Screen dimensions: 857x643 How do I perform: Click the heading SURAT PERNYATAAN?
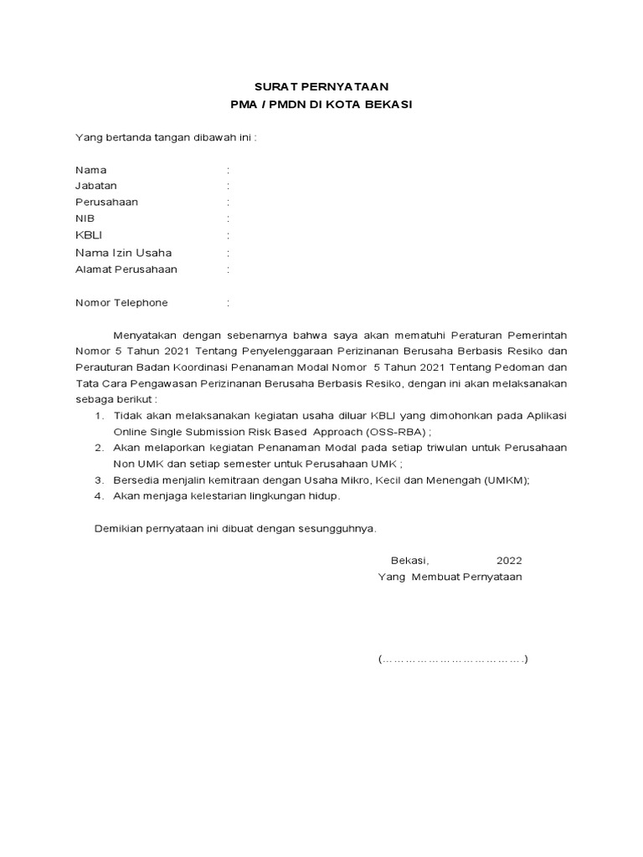tap(321, 87)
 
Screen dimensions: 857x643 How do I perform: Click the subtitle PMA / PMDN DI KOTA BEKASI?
tap(321, 105)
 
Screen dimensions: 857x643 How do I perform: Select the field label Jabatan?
tap(96, 186)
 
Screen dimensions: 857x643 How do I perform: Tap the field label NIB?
tap(85, 218)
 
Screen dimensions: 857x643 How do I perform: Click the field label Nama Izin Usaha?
tap(123, 253)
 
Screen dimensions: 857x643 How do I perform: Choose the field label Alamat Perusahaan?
tap(126, 269)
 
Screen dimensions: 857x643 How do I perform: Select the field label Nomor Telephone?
tap(121, 303)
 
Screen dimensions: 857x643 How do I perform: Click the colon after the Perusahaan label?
tap(228, 203)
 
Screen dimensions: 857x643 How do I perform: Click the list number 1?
tap(98, 416)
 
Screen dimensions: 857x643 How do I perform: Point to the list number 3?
tap(98, 480)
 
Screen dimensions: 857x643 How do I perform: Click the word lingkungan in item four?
tap(269, 496)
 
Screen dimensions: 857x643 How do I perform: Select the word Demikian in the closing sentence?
tap(116, 529)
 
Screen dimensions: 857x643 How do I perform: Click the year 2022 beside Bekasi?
tap(509, 561)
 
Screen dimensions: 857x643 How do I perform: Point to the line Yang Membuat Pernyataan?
tap(450, 577)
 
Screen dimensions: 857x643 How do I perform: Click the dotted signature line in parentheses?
tap(452, 659)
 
